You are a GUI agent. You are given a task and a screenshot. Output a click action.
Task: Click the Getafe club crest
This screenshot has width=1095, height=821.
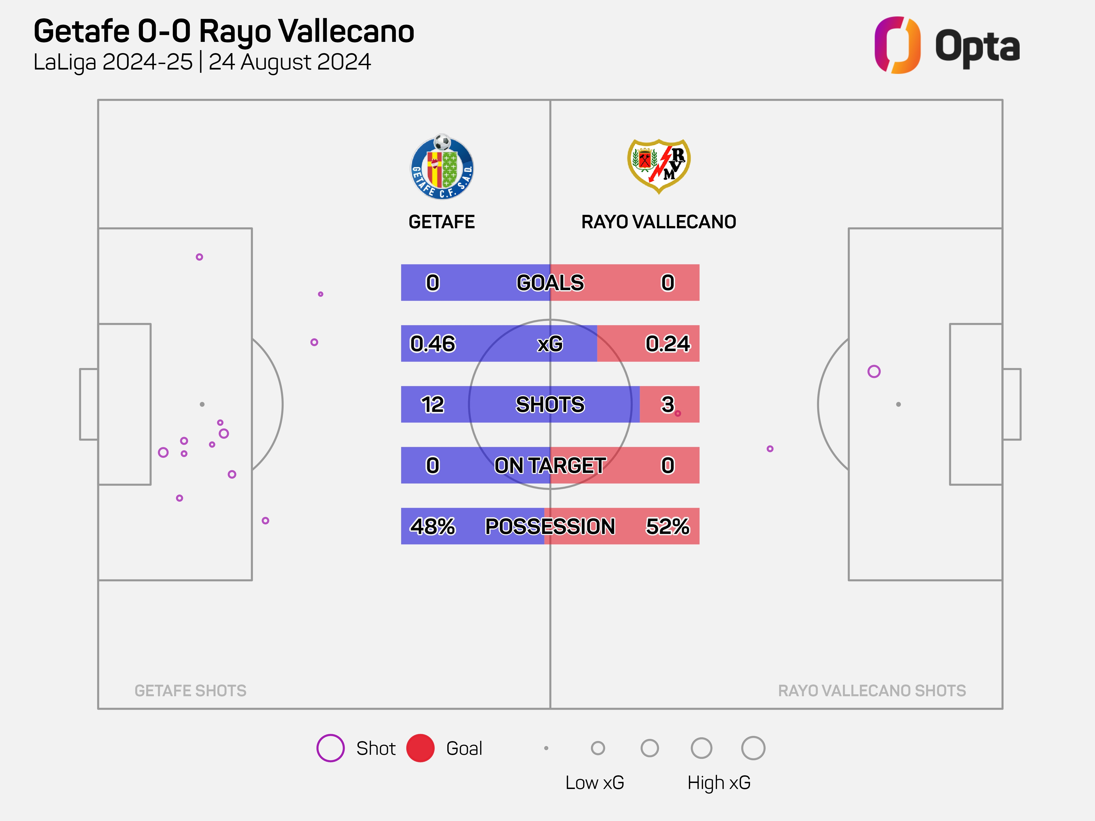pos(442,167)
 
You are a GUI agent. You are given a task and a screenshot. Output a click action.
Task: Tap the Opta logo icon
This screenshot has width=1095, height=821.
pos(897,45)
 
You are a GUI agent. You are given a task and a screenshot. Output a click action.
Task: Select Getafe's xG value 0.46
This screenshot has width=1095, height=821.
pos(433,343)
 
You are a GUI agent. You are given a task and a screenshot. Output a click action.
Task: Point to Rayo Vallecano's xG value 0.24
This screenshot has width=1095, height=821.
pos(667,343)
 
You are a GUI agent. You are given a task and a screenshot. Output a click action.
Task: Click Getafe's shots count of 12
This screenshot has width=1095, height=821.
pos(433,404)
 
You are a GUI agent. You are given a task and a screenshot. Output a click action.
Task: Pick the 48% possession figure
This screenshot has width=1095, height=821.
pos(433,526)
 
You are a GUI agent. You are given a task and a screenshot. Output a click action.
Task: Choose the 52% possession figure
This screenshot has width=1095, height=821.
pos(667,526)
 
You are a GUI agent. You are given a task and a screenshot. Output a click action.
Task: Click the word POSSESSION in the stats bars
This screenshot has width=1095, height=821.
pos(550,526)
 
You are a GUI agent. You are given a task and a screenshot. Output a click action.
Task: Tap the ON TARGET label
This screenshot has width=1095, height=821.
pos(550,465)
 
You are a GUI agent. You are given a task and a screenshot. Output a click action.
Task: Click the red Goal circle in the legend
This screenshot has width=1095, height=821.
pos(420,748)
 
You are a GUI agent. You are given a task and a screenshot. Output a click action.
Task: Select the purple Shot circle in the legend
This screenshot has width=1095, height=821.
pos(330,748)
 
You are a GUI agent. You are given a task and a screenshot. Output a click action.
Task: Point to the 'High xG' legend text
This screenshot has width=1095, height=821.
pos(719,782)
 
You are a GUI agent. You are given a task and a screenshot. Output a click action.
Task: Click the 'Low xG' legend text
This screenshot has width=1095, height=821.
pos(595,782)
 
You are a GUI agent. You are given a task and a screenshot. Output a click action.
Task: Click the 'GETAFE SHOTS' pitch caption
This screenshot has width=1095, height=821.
pos(191,690)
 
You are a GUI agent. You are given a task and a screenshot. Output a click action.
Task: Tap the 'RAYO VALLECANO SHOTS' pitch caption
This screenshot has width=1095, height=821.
pos(872,690)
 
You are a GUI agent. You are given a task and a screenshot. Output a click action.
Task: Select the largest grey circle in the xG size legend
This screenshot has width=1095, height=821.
pos(753,748)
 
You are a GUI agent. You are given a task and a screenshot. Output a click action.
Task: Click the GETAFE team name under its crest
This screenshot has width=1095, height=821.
pos(442,222)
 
